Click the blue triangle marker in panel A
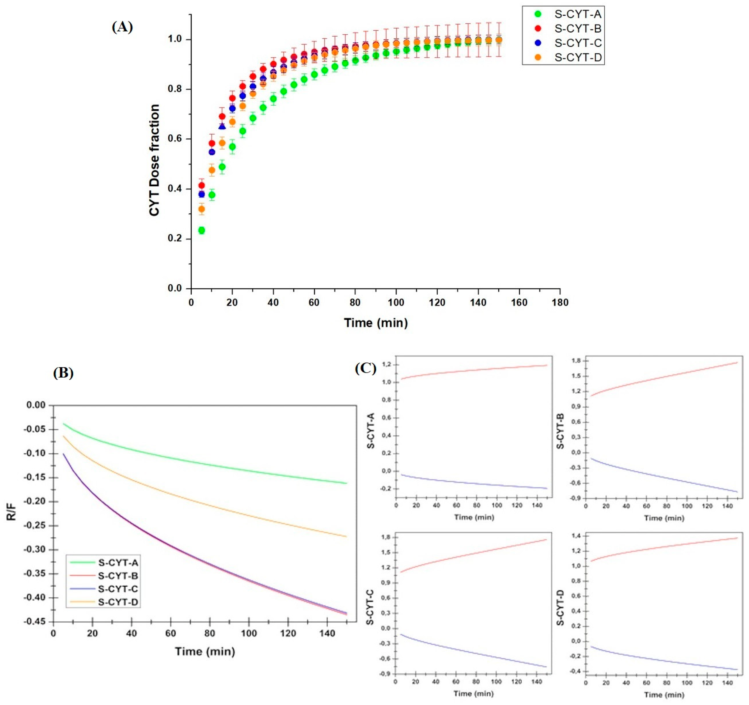(222, 126)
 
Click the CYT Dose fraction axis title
(155, 160)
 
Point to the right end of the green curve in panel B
(346, 483)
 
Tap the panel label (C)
(365, 368)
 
